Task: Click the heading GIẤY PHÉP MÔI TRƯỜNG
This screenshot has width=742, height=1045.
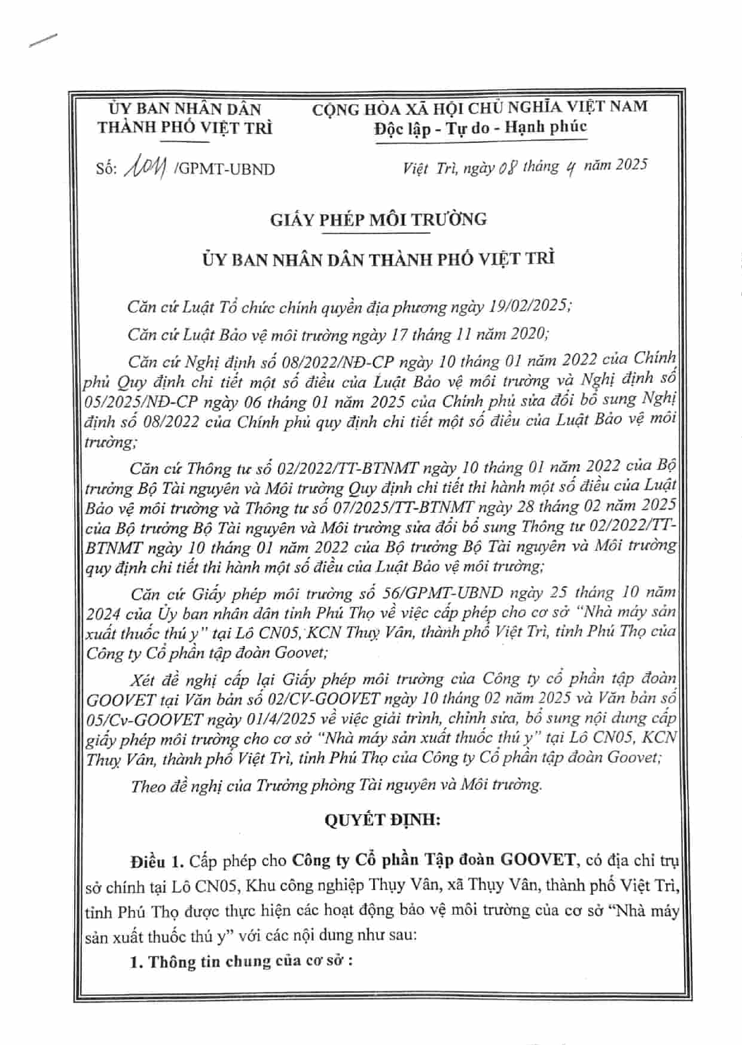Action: pyautogui.click(x=378, y=220)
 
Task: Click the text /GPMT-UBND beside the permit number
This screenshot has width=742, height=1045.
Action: pyautogui.click(x=224, y=169)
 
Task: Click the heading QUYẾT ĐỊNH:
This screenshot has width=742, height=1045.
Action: pyautogui.click(x=382, y=819)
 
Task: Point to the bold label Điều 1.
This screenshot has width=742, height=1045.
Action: pyautogui.click(x=156, y=861)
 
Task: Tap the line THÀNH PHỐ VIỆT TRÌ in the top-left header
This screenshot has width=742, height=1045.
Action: pyautogui.click(x=185, y=128)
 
